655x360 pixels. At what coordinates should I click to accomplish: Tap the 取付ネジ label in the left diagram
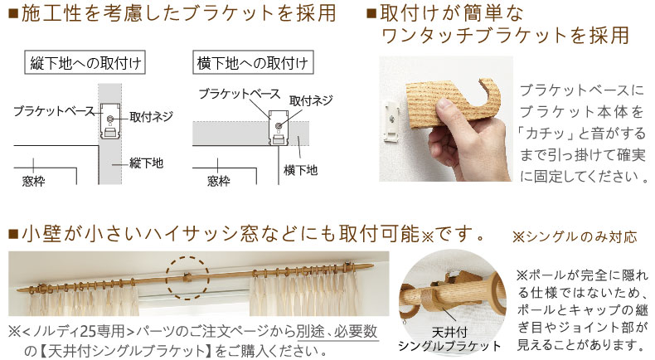151,117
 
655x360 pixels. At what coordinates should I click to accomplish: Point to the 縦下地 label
148,163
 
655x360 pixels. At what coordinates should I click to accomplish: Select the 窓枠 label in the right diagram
218,179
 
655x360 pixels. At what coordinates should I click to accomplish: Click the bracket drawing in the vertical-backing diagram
109,122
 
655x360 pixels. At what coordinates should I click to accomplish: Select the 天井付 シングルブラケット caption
449,339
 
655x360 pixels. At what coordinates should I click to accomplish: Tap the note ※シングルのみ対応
575,236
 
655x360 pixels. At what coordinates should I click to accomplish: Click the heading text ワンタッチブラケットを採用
505,36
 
